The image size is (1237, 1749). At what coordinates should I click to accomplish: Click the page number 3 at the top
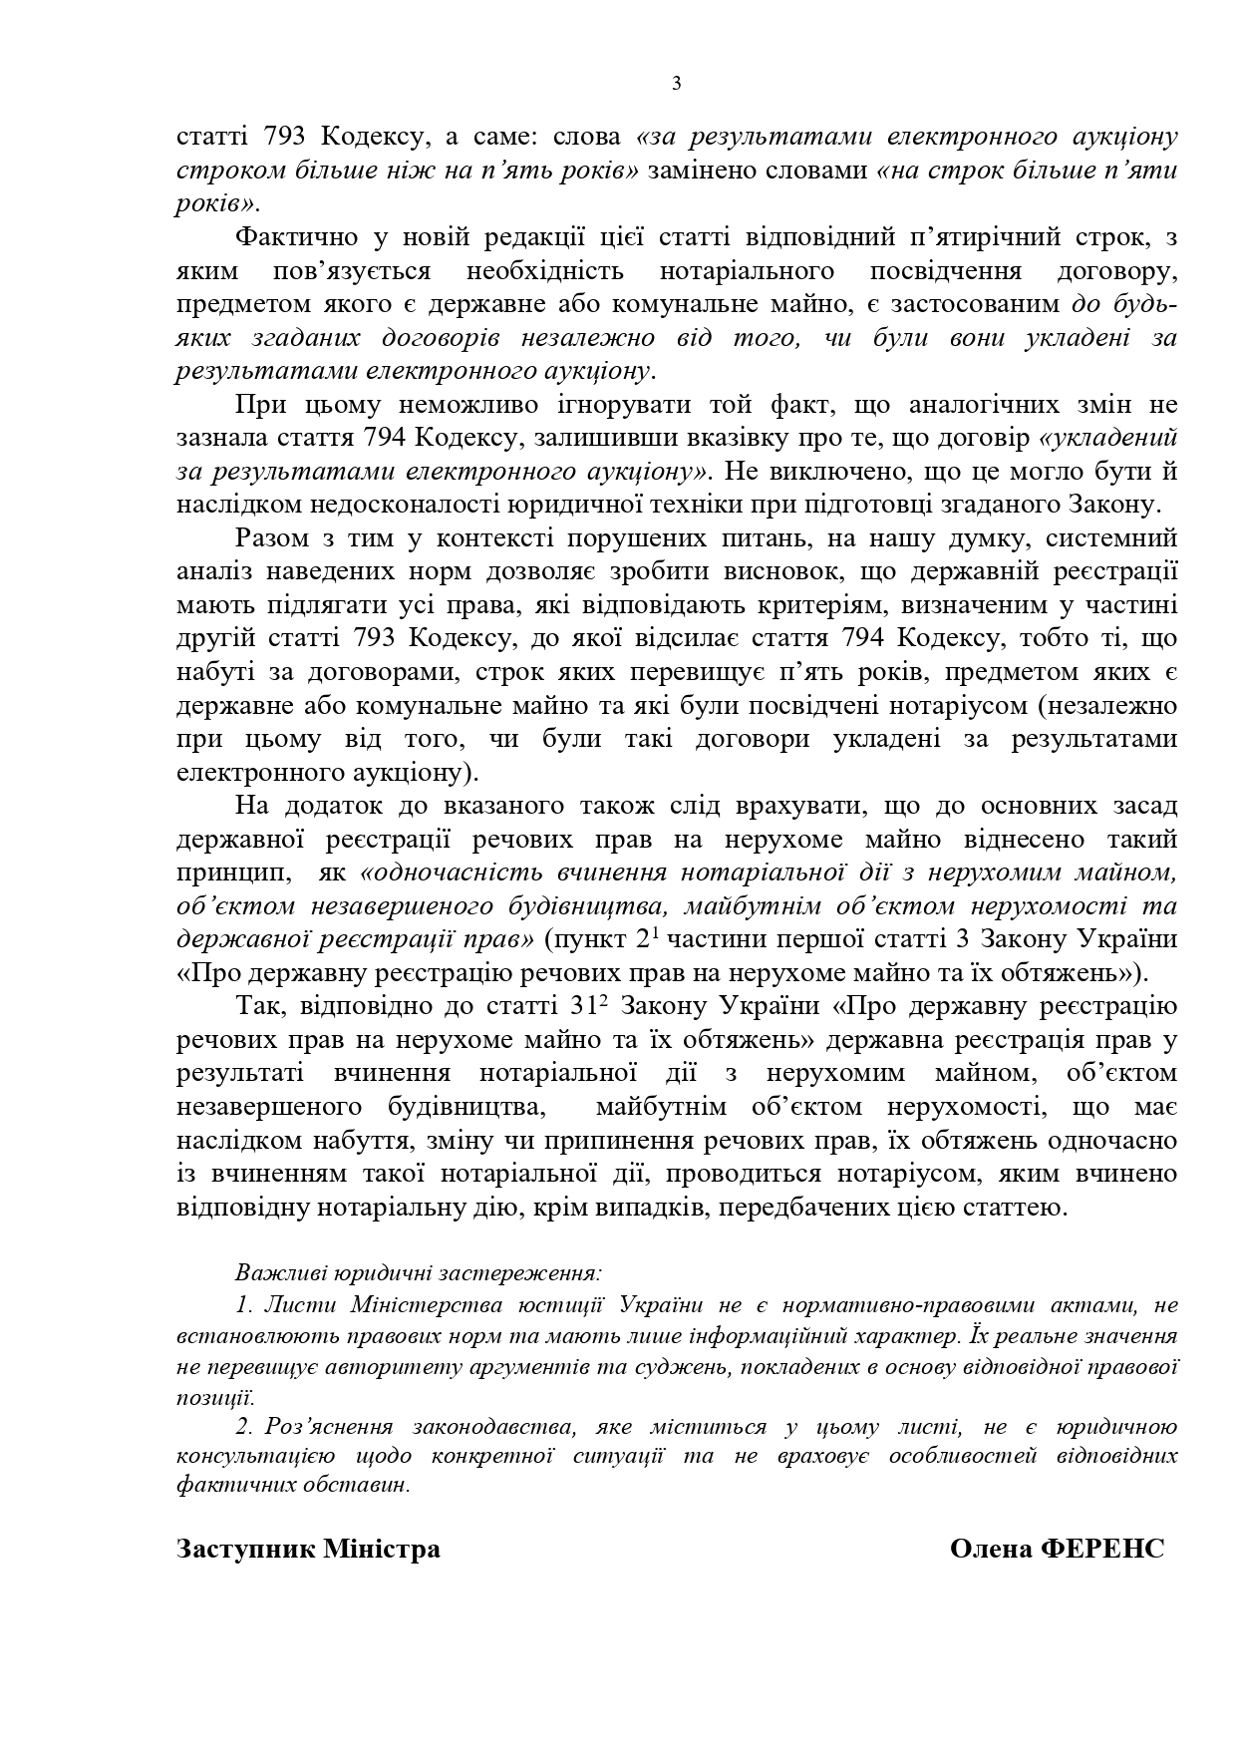click(x=677, y=84)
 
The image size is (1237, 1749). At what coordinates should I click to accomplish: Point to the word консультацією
click(x=253, y=1455)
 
